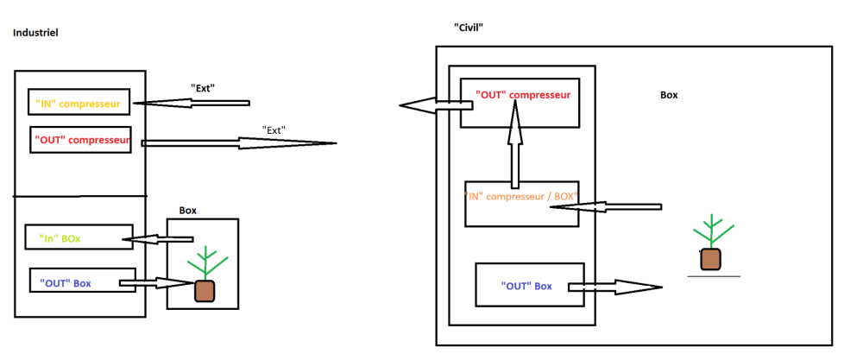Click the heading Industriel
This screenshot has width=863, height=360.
(35, 33)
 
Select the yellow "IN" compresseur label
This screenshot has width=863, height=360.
(78, 103)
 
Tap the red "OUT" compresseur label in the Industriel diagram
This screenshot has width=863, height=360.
(82, 140)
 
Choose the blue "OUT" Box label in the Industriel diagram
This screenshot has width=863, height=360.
(66, 283)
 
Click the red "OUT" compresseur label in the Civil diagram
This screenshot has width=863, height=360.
(523, 95)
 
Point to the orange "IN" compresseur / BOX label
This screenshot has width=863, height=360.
(520, 195)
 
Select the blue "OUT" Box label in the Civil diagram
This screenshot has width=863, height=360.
(526, 287)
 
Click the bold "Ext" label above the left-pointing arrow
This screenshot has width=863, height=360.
(202, 87)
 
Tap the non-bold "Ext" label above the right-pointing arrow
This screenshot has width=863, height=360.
(274, 130)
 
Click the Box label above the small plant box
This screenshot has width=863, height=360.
(187, 211)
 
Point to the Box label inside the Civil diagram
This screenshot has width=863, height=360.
(669, 95)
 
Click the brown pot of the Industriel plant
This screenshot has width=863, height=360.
(205, 291)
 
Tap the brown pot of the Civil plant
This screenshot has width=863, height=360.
(710, 259)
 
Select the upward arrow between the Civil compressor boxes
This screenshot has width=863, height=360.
(515, 143)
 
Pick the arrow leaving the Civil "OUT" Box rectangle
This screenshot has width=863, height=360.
(614, 287)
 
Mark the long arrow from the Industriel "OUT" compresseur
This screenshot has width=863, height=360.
(239, 143)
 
